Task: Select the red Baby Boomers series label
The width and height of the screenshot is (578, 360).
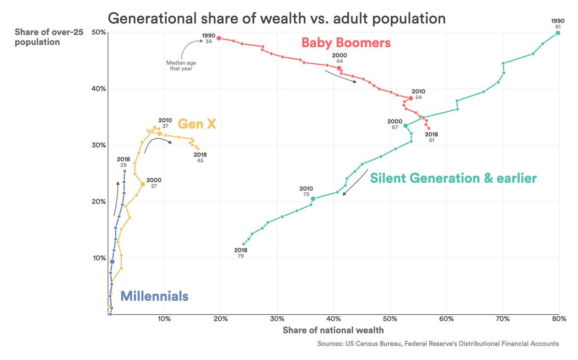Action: point(346,42)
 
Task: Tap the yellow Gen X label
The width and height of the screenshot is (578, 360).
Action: point(197,124)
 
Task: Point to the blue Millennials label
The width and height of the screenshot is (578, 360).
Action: point(154,296)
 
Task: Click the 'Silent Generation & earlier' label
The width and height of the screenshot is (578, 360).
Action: point(453,178)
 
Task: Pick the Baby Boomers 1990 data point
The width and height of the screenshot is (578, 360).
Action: point(219,38)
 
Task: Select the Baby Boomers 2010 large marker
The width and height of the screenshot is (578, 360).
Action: point(410,98)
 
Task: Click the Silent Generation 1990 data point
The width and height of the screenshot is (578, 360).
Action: point(558,33)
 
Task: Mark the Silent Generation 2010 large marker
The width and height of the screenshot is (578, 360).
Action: point(313,199)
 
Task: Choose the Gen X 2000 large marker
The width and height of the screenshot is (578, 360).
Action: point(143,184)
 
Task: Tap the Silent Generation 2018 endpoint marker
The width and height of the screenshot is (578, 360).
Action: point(244,244)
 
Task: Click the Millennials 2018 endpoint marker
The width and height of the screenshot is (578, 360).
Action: point(125,171)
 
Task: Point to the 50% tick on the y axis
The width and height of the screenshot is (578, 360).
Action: point(99,32)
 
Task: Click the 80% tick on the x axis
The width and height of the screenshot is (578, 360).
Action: point(559,319)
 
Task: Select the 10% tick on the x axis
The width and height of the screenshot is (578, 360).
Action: point(164,319)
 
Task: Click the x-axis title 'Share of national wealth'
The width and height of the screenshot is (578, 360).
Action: point(333,330)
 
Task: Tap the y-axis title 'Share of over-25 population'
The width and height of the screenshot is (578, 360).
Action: point(49,37)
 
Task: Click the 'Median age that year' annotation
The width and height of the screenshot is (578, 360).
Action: point(181,66)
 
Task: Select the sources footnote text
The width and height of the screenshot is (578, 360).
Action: point(438,344)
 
